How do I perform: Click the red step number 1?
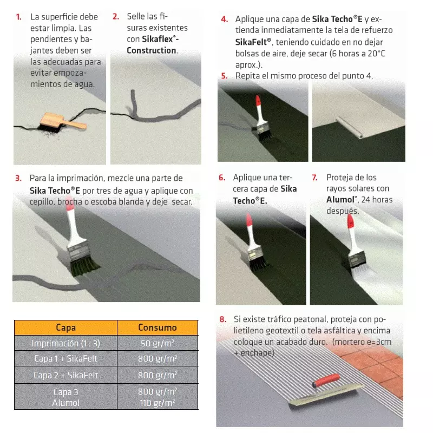coord(19,17)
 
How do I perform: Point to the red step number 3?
coord(18,178)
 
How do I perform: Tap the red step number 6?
coord(222,178)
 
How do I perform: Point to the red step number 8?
coord(222,319)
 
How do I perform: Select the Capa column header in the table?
coord(65,327)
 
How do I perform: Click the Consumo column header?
coord(158,327)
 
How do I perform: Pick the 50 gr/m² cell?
coord(158,343)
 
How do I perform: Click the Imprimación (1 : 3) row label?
coord(65,343)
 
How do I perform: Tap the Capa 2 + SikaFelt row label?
coord(65,375)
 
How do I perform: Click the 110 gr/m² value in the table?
coord(158,403)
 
